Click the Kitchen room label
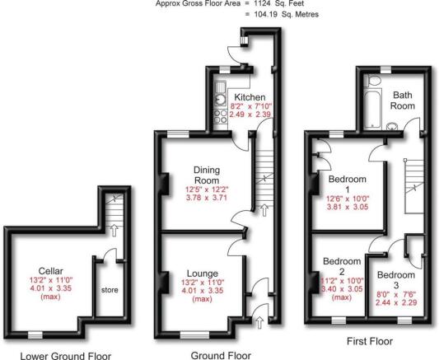pyautogui.click(x=250, y=97)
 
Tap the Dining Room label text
pyautogui.click(x=207, y=175)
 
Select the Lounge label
pyautogui.click(x=203, y=274)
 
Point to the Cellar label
pyautogui.click(x=51, y=271)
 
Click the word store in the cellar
pyautogui.click(x=110, y=290)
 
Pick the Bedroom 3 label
pyautogui.click(x=396, y=280)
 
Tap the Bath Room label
pyautogui.click(x=403, y=101)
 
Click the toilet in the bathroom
pyautogui.click(x=373, y=81)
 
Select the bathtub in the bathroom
pyautogui.click(x=372, y=109)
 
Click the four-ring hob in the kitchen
pyautogui.click(x=221, y=116)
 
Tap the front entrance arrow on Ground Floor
pyautogui.click(x=259, y=322)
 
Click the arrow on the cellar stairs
pyautogui.click(x=114, y=230)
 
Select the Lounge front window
pyautogui.click(x=194, y=334)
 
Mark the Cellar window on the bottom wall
pyautogui.click(x=35, y=334)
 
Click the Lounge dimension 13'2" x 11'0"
pyautogui.click(x=203, y=283)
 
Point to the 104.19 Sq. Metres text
pyautogui.click(x=286, y=14)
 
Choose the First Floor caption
pyautogui.click(x=370, y=341)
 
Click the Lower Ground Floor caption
pyautogui.click(x=66, y=356)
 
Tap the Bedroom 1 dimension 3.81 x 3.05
pyautogui.click(x=348, y=207)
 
